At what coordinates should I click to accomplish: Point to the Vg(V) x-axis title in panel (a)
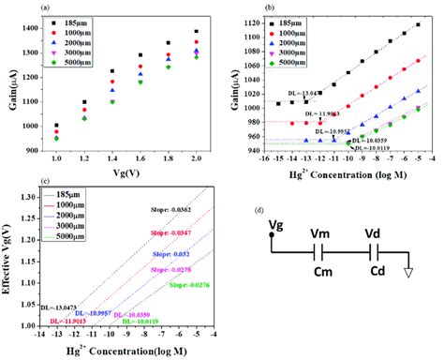tap(119, 177)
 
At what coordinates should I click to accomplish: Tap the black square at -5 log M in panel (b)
tap(417, 24)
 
